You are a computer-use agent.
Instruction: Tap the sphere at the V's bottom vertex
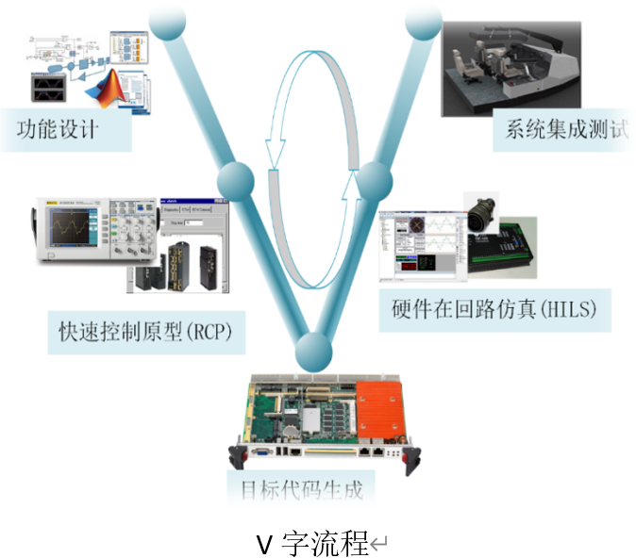point(314,352)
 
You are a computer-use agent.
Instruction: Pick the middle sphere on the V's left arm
point(236,179)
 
